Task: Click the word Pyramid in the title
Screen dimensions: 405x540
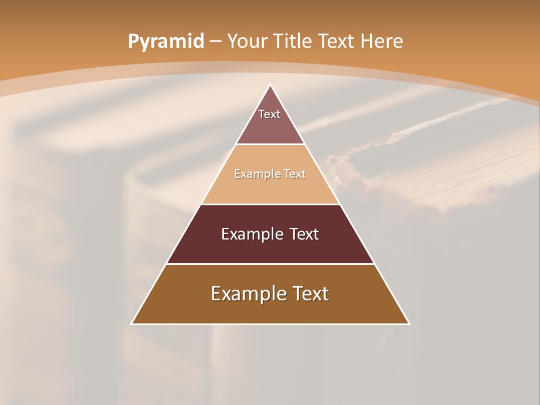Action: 165,42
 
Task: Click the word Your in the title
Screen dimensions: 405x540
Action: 247,42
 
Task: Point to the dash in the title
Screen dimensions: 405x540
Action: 215,42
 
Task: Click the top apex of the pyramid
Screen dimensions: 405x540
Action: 271,85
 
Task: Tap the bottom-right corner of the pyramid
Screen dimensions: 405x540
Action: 408,323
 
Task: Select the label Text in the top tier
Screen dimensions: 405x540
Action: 269,114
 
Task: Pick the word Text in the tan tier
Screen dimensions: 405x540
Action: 295,174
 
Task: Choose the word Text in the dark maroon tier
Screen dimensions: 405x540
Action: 304,234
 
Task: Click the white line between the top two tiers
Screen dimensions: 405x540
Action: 271,145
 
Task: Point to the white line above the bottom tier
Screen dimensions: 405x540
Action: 271,264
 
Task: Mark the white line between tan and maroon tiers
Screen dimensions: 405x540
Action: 271,204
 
